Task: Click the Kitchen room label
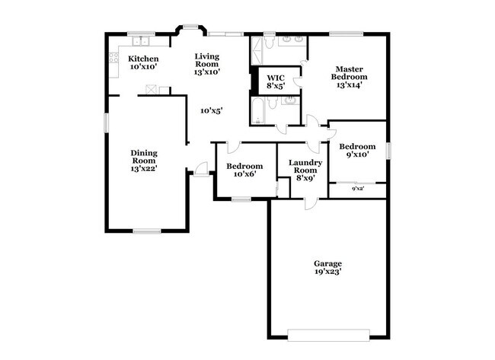pyautogui.click(x=143, y=62)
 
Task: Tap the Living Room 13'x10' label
pyautogui.click(x=206, y=64)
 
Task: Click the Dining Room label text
pyautogui.click(x=143, y=161)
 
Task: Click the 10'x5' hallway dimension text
pyautogui.click(x=211, y=111)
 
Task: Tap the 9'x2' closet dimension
pyautogui.click(x=357, y=189)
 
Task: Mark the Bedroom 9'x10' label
pyautogui.click(x=357, y=151)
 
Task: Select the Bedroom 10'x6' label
pyautogui.click(x=244, y=170)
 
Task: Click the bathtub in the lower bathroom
pyautogui.click(x=256, y=111)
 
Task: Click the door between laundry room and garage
pyautogui.click(x=308, y=203)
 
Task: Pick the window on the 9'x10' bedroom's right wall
pyautogui.click(x=388, y=151)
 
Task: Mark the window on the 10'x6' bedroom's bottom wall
pyautogui.click(x=241, y=199)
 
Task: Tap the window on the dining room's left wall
pyautogui.click(x=106, y=123)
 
